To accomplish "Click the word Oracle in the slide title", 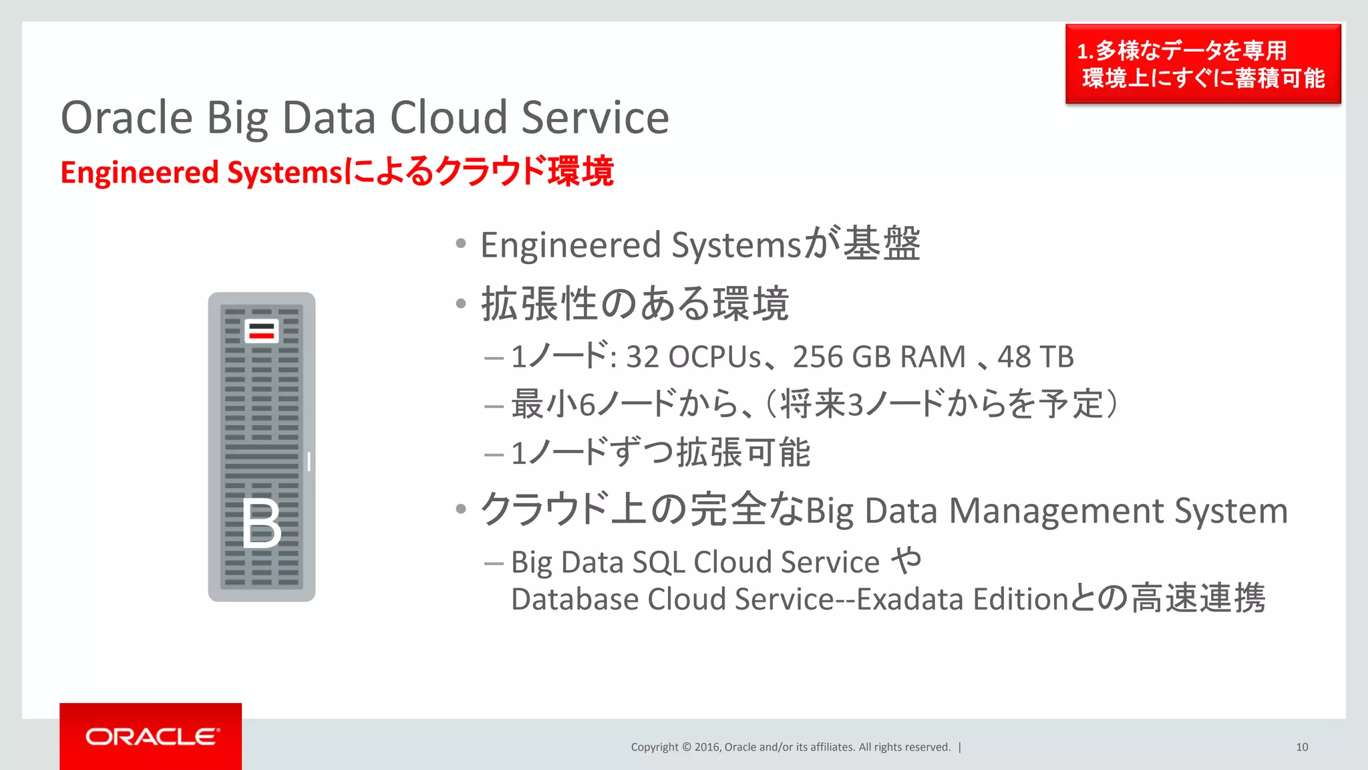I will tap(127, 118).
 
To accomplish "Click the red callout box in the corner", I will tap(1202, 64).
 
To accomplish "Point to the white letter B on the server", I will tap(261, 524).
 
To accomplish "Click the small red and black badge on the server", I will tap(261, 331).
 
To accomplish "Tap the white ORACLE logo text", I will tap(152, 737).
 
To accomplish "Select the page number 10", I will tap(1302, 747).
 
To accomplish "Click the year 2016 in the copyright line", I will tap(707, 747).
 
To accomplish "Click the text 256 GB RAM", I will tap(879, 358).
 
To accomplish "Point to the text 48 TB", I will tap(1035, 358).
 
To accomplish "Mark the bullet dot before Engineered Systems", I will tap(461, 243).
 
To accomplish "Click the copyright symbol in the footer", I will tap(687, 747).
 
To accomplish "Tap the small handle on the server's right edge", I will tap(309, 461).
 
